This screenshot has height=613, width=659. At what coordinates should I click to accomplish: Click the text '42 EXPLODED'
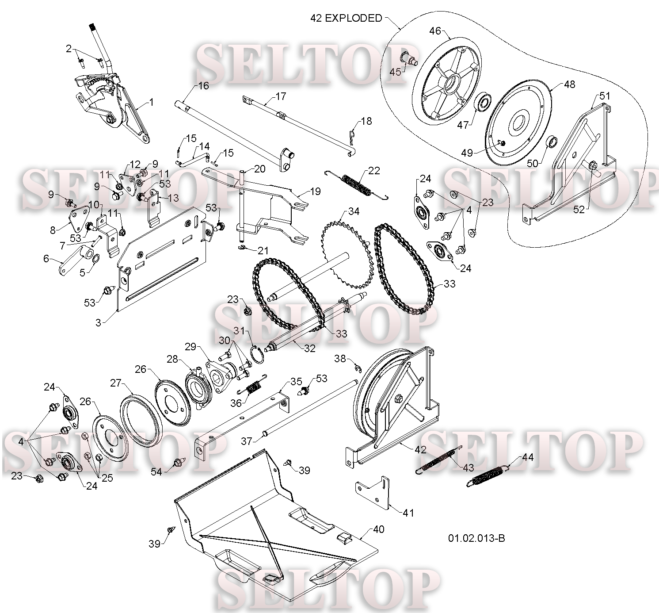pyautogui.click(x=346, y=18)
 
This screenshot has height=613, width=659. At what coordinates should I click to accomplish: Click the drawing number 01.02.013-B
pyautogui.click(x=476, y=538)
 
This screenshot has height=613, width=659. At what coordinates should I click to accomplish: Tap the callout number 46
pyautogui.click(x=435, y=31)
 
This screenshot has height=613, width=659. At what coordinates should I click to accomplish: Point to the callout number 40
pyautogui.click(x=379, y=529)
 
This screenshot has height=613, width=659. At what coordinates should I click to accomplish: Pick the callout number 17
pyautogui.click(x=281, y=96)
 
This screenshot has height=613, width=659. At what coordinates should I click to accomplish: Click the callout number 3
pyautogui.click(x=98, y=322)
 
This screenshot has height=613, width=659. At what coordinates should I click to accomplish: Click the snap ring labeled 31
pyautogui.click(x=258, y=355)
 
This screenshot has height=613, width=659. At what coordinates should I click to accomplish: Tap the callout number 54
pyautogui.click(x=156, y=471)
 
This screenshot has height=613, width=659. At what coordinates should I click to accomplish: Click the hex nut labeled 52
pyautogui.click(x=593, y=165)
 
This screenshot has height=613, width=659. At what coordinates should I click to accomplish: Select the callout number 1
pyautogui.click(x=152, y=102)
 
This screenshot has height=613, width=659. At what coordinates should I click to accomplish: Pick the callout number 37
pyautogui.click(x=247, y=441)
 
